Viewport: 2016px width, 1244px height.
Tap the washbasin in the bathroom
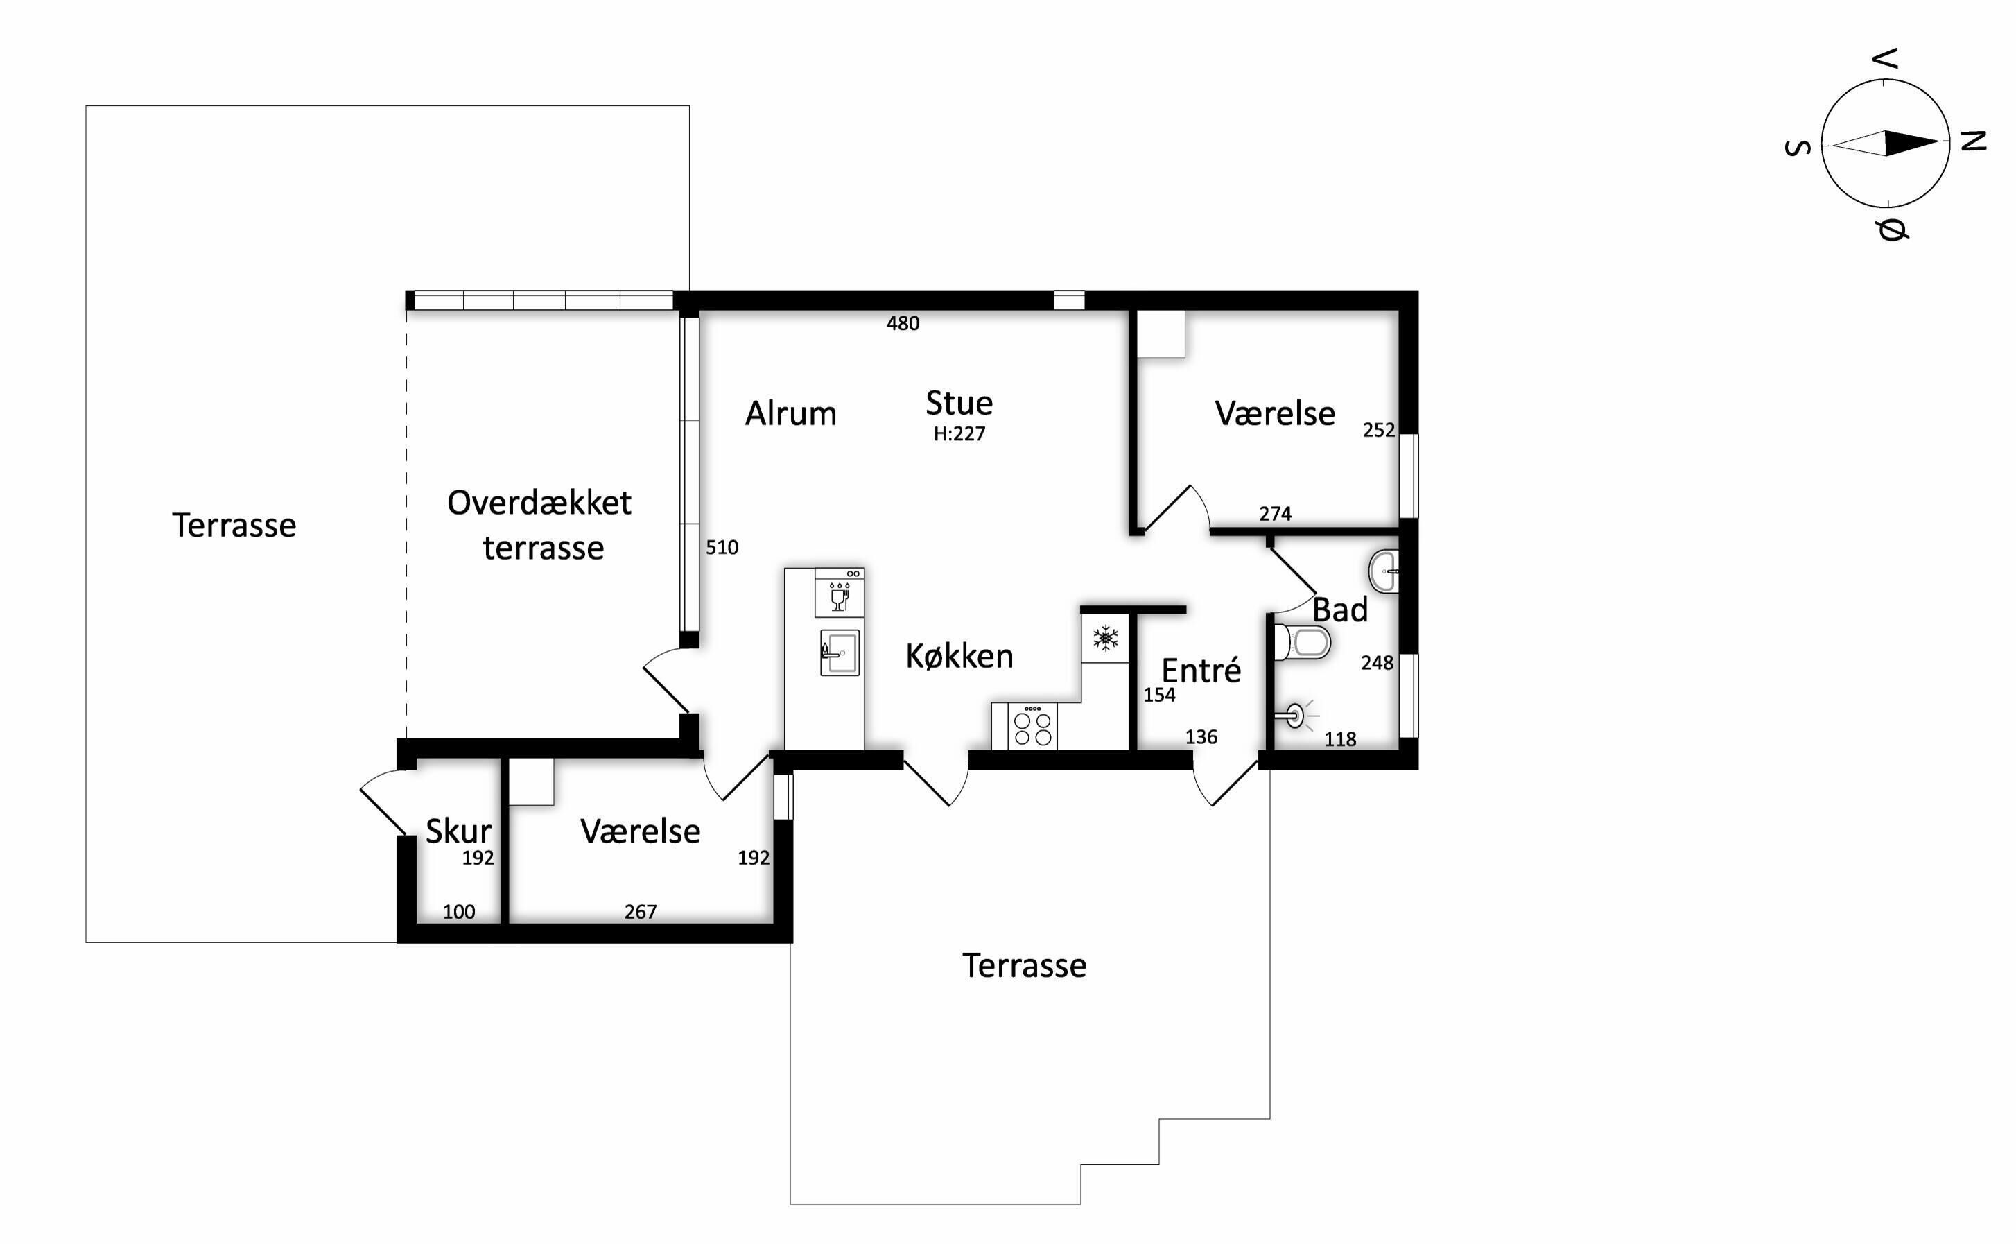[1384, 571]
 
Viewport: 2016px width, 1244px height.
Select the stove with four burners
[1032, 725]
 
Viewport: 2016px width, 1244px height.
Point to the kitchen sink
[840, 653]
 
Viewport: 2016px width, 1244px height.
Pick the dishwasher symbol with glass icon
[840, 591]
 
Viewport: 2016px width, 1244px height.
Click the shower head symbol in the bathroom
[1296, 716]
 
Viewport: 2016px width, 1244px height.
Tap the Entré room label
[1201, 671]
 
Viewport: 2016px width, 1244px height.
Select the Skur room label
[458, 831]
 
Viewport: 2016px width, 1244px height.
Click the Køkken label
[959, 656]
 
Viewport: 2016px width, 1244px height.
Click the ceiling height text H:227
[959, 433]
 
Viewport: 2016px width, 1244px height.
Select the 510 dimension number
[722, 547]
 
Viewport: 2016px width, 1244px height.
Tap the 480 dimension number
[903, 323]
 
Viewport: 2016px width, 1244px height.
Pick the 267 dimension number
[640, 912]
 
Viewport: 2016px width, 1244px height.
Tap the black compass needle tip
[1938, 141]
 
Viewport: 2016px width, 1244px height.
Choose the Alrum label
[790, 413]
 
